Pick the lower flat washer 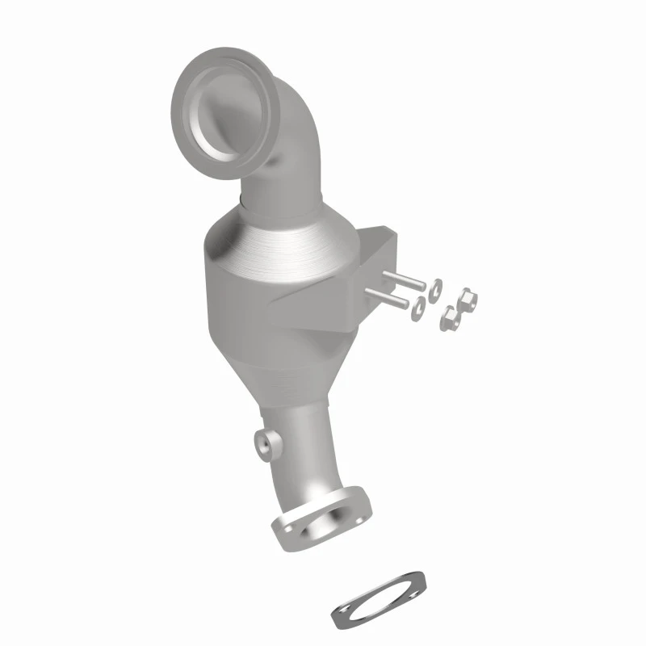coord(418,308)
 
